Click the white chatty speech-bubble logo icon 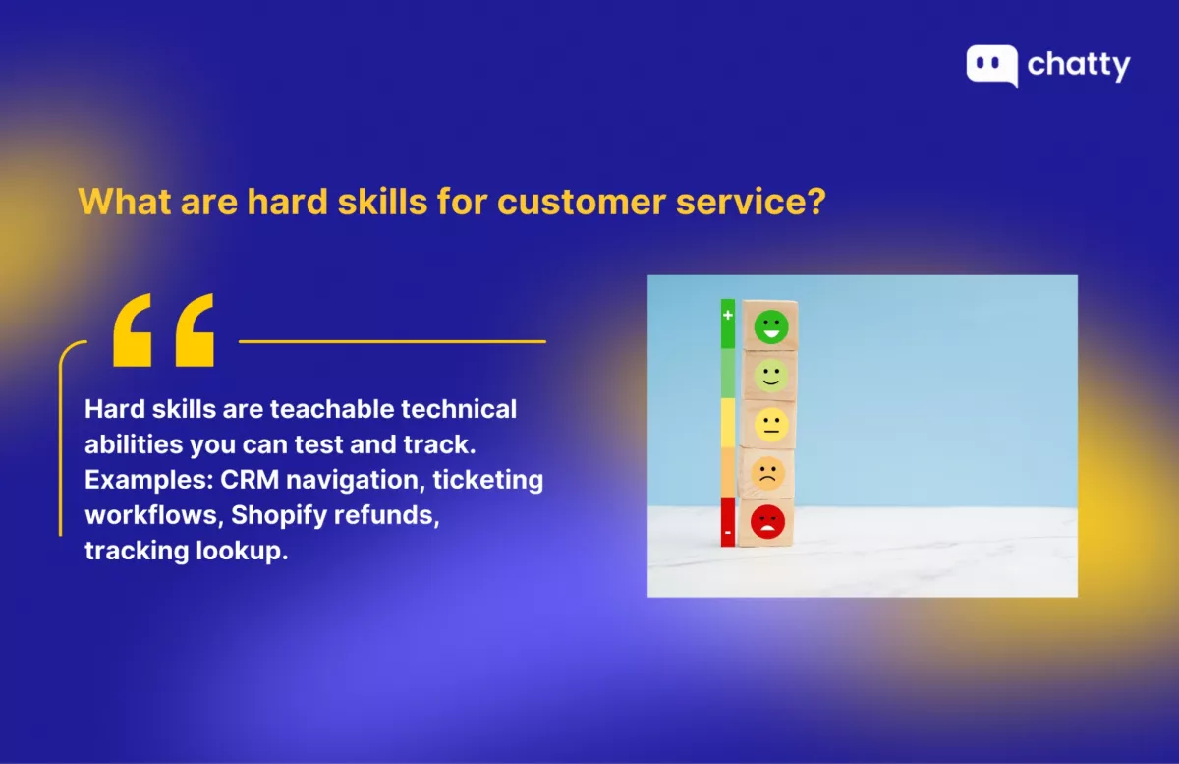coord(991,66)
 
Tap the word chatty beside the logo coord(1079,66)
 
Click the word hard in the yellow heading coord(287,201)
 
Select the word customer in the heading coord(581,202)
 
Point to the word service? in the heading coord(751,202)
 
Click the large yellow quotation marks coord(164,329)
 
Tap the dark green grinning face coord(771,326)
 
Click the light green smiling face coord(771,376)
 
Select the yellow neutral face coord(771,424)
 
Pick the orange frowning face coord(768,473)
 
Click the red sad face coord(767,522)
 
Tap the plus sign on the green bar coord(728,315)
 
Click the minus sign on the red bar coord(728,532)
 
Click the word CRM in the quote coord(250,480)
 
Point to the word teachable coord(332,409)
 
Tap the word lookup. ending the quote coord(242,552)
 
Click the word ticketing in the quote coord(488,481)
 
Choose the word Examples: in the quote coord(149,481)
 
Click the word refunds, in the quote coord(387,515)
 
